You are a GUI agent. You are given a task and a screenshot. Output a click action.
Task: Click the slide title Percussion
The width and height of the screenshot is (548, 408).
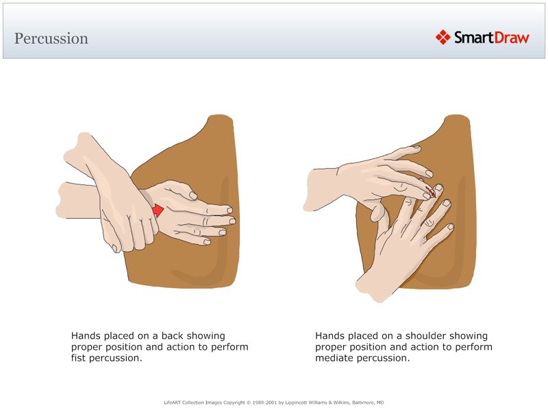point(51,38)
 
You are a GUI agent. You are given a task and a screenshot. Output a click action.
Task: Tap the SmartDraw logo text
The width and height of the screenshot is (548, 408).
point(491,38)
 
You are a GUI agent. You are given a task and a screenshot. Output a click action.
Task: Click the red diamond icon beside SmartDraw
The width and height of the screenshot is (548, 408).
point(443,37)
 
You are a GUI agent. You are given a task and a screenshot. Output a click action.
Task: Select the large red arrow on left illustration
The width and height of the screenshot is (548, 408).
point(158,210)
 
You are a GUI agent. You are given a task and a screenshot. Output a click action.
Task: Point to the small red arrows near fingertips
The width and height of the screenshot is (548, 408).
point(430,190)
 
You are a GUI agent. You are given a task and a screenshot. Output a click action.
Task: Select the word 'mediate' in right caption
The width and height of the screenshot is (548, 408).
point(334,358)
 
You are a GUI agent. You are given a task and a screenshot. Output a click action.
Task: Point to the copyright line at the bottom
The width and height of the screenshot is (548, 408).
point(274,402)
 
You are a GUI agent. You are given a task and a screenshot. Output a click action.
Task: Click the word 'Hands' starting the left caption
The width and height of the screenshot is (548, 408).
point(86,336)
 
